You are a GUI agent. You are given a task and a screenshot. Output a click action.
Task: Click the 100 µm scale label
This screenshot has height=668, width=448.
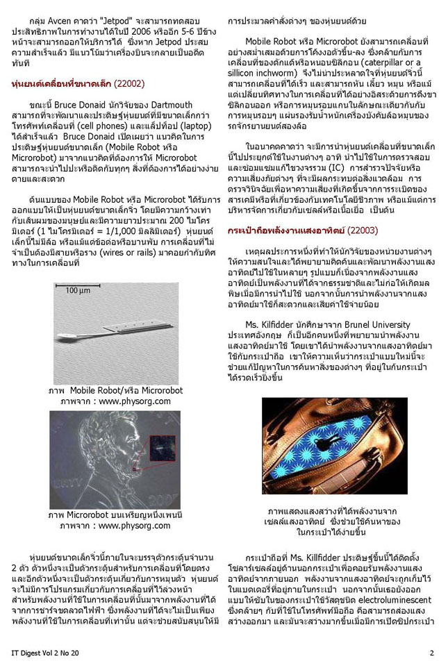click(x=77, y=290)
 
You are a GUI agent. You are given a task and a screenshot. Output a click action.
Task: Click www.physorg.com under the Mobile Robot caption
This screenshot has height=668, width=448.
click(x=115, y=401)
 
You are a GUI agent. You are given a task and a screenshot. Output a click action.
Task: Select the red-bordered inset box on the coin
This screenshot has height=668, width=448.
click(x=163, y=448)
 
